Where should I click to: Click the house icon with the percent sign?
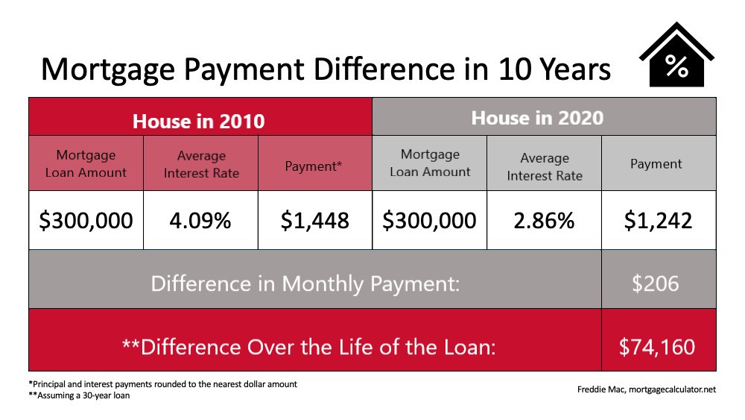pyautogui.click(x=676, y=55)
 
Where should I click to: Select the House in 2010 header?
pyautogui.click(x=199, y=122)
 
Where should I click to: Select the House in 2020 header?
pyautogui.click(x=537, y=118)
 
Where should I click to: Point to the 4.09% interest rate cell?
pyautogui.click(x=200, y=221)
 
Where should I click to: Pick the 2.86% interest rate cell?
pyautogui.click(x=544, y=221)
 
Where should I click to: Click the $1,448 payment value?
pyautogui.click(x=314, y=221)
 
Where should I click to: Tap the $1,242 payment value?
pyautogui.click(x=658, y=221)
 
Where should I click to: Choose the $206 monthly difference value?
pyautogui.click(x=655, y=283)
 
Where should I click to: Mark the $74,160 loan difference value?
pyautogui.click(x=657, y=347)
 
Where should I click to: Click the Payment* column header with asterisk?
pyautogui.click(x=313, y=166)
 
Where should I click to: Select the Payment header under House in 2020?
pyautogui.click(x=656, y=164)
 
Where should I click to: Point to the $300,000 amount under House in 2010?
pyautogui.click(x=86, y=221)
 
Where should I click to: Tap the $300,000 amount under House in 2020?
pyautogui.click(x=429, y=221)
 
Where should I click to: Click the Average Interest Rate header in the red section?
pyautogui.click(x=201, y=164)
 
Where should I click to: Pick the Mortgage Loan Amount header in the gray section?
pyautogui.click(x=430, y=163)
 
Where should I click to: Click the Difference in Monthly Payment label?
pyautogui.click(x=305, y=284)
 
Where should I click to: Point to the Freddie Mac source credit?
pyautogui.click(x=646, y=389)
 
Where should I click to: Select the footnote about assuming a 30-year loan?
pyautogui.click(x=79, y=395)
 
